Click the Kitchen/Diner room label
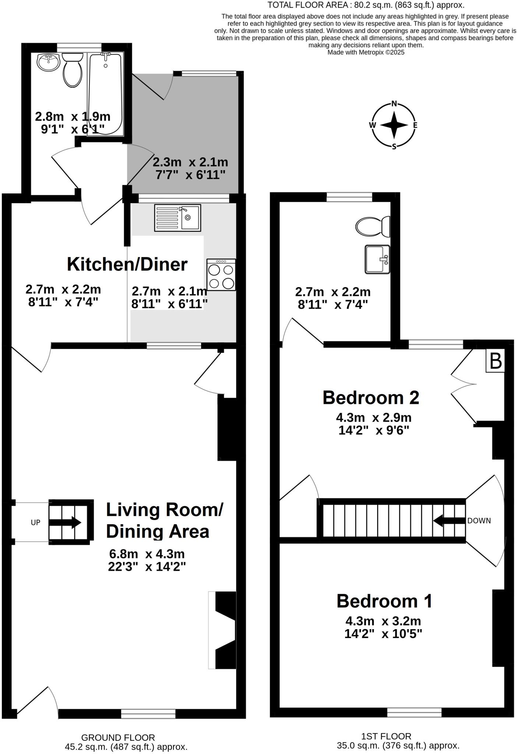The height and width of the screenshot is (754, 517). pos(127,264)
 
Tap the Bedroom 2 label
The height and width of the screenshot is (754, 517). pos(371,398)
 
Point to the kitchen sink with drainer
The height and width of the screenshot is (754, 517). pos(177,218)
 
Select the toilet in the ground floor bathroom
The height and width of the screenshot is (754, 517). pos(73,70)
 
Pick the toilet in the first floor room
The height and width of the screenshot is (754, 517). pos(373,226)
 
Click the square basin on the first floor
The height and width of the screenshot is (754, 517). pos(377,260)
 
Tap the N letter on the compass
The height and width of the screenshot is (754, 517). pos(394,104)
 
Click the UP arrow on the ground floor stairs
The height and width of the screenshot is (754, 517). pos(64,522)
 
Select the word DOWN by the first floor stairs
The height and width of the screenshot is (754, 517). pos(479,521)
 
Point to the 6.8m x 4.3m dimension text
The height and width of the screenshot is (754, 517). pos(147,554)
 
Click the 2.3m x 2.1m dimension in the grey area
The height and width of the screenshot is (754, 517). pos(190,162)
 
